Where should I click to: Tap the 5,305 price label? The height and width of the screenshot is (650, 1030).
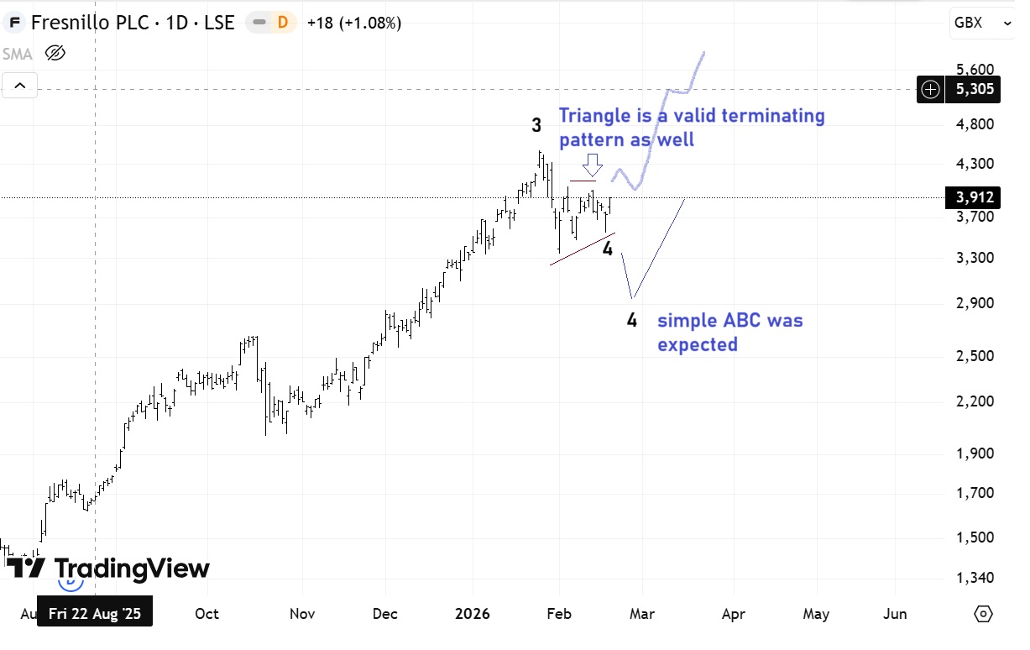(x=974, y=89)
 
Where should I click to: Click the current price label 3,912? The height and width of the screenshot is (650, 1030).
(x=974, y=198)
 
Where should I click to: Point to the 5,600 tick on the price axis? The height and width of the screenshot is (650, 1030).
(x=974, y=70)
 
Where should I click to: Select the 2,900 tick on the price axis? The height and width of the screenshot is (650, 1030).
(x=974, y=303)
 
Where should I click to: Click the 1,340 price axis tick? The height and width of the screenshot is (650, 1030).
(x=974, y=578)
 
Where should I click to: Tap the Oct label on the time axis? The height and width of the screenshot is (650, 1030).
(x=207, y=614)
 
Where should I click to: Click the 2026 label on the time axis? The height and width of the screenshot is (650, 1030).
(x=472, y=614)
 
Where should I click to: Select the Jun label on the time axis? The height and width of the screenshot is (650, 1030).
(x=896, y=614)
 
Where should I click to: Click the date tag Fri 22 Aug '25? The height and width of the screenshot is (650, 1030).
(x=95, y=614)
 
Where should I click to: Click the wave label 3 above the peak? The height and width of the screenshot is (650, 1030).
(x=536, y=126)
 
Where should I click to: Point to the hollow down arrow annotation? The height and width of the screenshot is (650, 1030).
(x=593, y=162)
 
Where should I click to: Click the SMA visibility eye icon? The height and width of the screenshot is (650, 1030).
(x=55, y=55)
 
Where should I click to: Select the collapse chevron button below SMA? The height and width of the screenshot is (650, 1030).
(x=19, y=85)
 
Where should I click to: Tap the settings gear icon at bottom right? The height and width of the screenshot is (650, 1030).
(x=983, y=614)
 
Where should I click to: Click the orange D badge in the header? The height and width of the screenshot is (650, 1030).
(x=282, y=23)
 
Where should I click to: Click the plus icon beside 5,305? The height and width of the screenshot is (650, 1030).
(x=930, y=89)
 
